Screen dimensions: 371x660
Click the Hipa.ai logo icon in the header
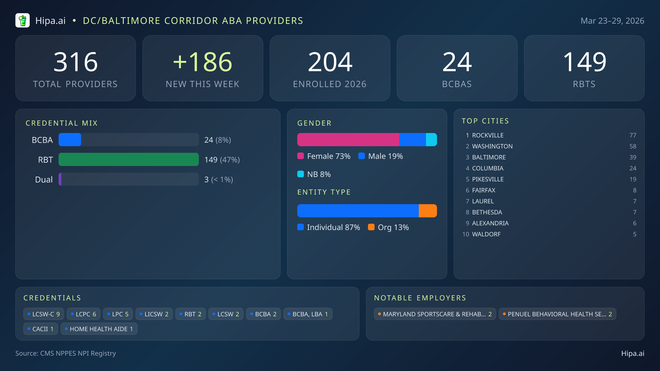coord(23,21)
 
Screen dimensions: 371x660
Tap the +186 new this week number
coord(203,62)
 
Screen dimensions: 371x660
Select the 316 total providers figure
coord(76,62)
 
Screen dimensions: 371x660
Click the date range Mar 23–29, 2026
coord(612,21)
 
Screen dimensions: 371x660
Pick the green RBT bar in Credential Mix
coord(128,159)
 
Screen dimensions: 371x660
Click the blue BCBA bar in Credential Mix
coord(70,140)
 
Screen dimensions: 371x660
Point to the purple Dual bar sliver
coord(60,179)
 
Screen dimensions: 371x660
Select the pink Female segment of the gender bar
coord(348,140)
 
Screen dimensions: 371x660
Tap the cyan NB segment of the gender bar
coord(431,140)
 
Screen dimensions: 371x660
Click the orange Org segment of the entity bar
coord(428,211)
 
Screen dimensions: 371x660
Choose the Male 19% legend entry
coord(381,156)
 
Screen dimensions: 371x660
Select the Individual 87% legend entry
coord(329,227)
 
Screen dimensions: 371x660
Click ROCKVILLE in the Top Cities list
coord(488,135)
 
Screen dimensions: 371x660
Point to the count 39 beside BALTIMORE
coord(632,157)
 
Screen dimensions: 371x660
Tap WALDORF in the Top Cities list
coord(486,234)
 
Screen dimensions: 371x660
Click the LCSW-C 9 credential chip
coord(44,314)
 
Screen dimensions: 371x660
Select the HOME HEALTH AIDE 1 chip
coord(99,329)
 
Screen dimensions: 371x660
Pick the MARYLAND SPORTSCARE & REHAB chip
coord(435,314)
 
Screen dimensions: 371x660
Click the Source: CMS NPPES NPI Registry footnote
coord(66,353)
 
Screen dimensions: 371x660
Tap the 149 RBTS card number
coord(584,62)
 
